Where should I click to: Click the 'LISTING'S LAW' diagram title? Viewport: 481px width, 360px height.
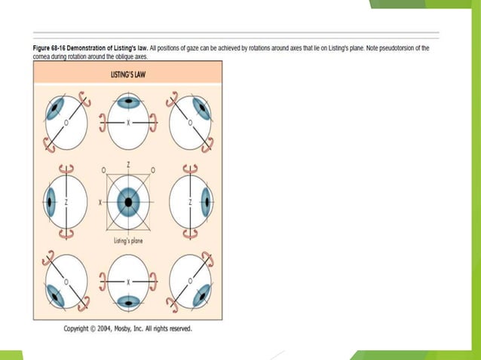pyautogui.click(x=128, y=75)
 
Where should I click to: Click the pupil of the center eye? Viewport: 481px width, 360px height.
pyautogui.click(x=129, y=203)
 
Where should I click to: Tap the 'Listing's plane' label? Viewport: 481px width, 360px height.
pyautogui.click(x=128, y=241)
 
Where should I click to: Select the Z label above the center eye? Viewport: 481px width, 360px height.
pyautogui.click(x=129, y=163)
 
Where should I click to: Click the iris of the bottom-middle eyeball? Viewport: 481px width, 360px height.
pyautogui.click(x=129, y=303)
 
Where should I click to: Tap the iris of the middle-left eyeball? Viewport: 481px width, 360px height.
pyautogui.click(x=51, y=203)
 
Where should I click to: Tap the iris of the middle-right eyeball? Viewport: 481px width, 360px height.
pyautogui.click(x=207, y=203)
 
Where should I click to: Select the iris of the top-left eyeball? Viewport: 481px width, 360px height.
pyautogui.click(x=55, y=108)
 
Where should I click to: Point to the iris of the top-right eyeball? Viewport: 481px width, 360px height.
pyautogui.click(x=202, y=108)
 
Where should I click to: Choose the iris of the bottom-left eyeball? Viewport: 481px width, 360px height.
pyautogui.click(x=55, y=296)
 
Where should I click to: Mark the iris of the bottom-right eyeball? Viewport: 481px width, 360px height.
pyautogui.click(x=201, y=296)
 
